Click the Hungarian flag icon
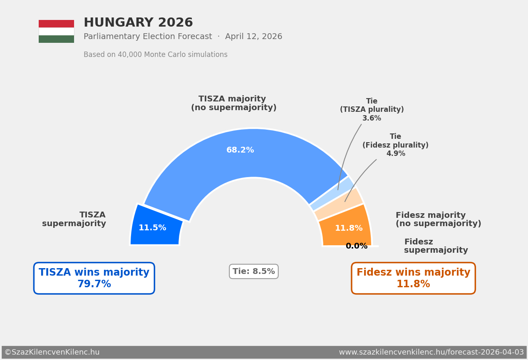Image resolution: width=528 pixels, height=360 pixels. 56,31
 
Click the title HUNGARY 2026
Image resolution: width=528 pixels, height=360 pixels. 138,23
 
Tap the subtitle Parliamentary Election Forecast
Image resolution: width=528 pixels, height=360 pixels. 148,37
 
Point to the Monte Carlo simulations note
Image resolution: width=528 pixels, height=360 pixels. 156,55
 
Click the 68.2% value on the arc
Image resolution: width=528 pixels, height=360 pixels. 240,150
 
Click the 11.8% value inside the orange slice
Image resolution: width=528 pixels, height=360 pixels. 349,228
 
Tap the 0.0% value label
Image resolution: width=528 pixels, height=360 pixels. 357,246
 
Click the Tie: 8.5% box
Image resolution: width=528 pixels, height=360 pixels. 254,271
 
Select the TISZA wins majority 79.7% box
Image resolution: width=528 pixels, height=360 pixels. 94,278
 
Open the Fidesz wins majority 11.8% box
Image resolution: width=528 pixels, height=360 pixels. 413,278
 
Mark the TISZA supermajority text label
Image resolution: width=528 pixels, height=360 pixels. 74,219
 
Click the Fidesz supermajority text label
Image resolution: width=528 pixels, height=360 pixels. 436,246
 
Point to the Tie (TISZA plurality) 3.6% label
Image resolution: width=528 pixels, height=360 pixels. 372,110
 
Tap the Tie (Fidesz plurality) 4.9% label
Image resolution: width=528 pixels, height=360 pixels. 395,145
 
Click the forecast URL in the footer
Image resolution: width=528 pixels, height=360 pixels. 431,353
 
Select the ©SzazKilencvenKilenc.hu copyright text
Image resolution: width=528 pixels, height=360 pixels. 52,353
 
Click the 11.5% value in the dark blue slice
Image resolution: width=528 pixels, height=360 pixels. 152,228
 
